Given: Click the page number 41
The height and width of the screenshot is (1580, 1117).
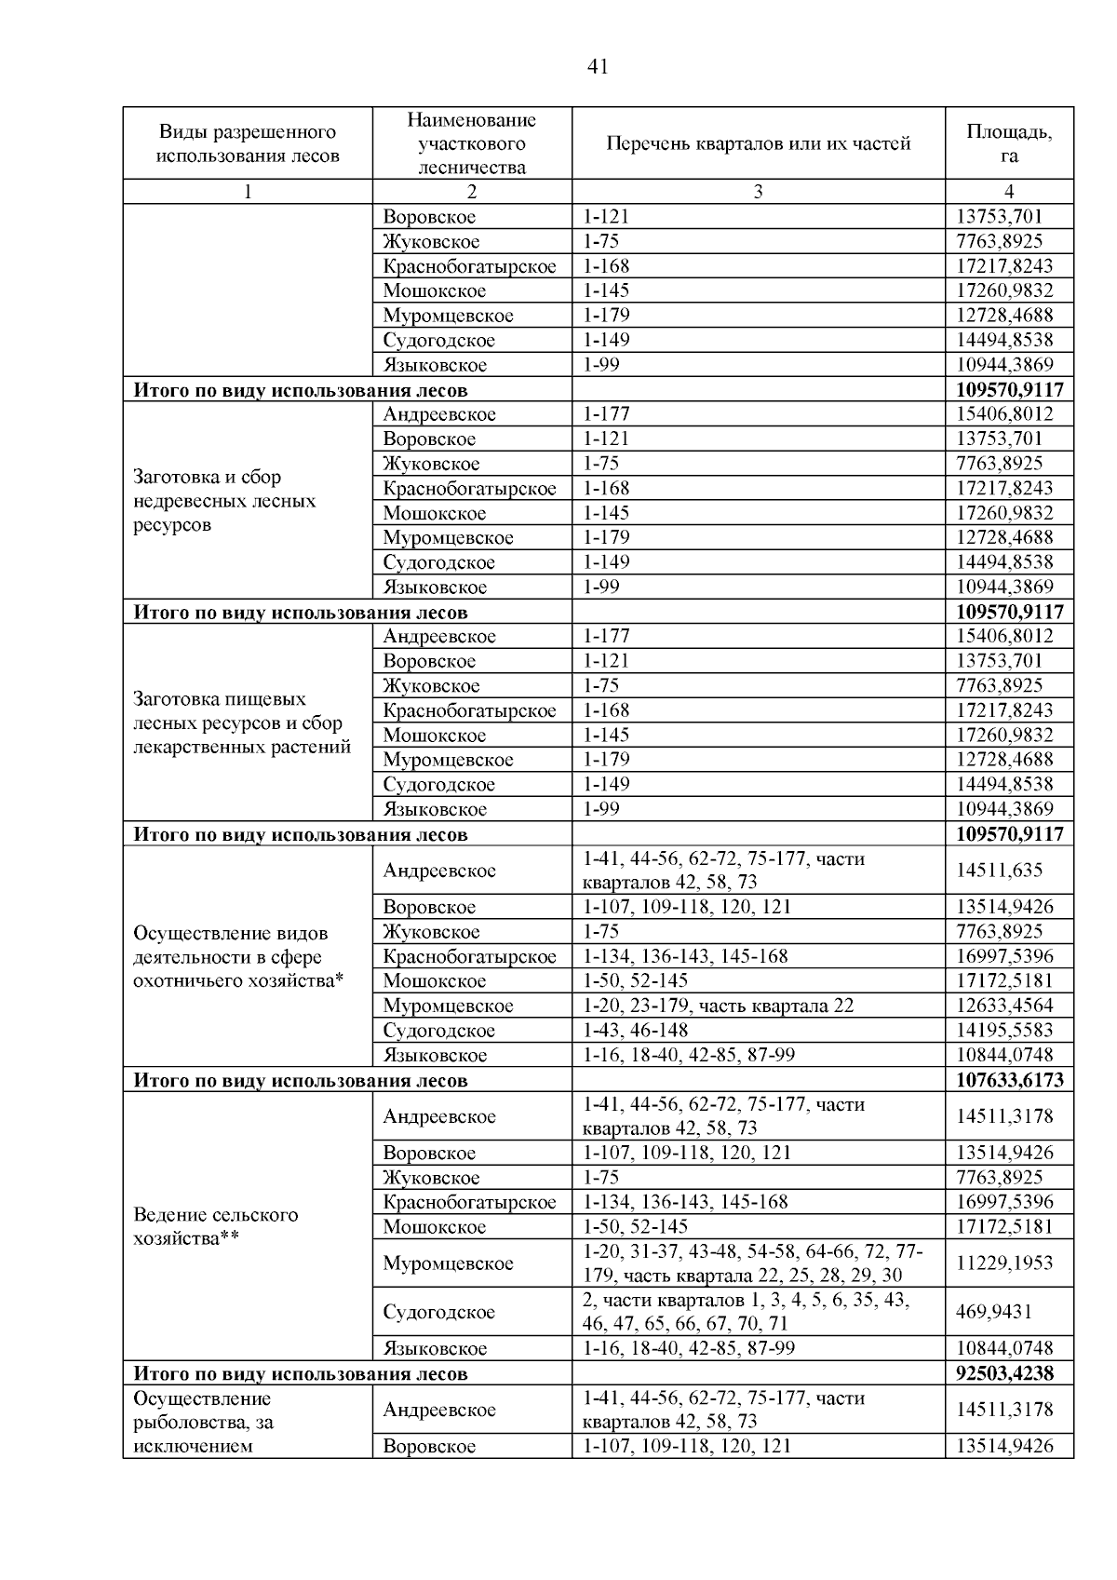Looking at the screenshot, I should (x=598, y=66).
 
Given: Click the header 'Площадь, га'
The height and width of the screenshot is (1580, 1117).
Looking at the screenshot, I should (x=1009, y=143).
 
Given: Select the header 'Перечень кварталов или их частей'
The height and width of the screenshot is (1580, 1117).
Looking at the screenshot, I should (x=758, y=143).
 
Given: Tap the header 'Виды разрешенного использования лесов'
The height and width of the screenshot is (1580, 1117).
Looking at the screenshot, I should (x=248, y=143).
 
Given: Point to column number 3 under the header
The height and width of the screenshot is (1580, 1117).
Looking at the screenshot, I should (x=758, y=192).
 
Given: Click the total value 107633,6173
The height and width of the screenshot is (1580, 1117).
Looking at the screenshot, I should (x=1009, y=1080).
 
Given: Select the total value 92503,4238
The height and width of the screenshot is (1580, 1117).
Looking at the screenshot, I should (x=1009, y=1373).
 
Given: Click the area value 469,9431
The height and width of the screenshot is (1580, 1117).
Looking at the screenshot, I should (x=994, y=1312).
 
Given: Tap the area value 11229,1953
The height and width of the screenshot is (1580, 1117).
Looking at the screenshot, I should (x=1004, y=1263).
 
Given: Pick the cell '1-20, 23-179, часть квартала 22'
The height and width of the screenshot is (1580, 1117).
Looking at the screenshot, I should (x=718, y=1006).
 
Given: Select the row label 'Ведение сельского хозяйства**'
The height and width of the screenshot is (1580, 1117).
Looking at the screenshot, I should (x=216, y=1226).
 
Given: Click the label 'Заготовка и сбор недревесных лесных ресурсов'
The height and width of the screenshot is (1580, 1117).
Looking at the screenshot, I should (x=224, y=501).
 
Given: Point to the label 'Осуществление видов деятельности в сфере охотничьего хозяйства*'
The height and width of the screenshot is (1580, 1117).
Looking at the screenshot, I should (x=238, y=956).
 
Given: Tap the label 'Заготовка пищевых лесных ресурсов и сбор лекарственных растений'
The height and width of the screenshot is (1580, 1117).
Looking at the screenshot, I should (x=242, y=722).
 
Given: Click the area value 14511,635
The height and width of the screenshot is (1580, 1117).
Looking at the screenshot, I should (x=1000, y=871).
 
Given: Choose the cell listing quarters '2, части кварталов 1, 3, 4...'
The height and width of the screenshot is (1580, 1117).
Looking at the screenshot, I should (x=746, y=1312).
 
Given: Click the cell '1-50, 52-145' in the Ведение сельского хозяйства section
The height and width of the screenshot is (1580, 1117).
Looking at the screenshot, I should (x=636, y=1226).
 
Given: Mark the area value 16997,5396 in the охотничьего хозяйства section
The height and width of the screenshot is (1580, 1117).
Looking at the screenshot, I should (x=1004, y=956).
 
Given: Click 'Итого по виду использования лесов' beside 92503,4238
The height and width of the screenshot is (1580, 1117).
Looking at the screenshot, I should (x=301, y=1373).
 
